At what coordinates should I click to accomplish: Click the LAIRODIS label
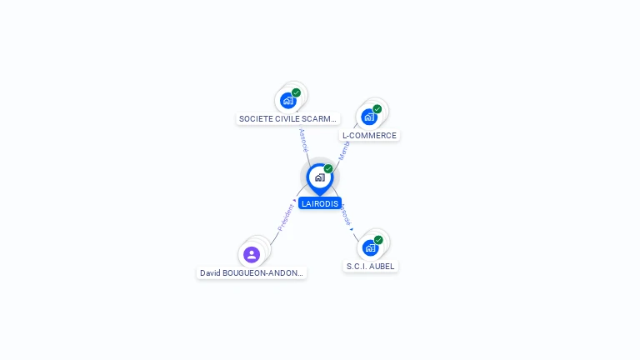pyautogui.click(x=320, y=203)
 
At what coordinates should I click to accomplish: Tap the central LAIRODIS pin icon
pyautogui.click(x=319, y=177)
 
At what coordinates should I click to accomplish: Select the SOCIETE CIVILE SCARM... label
pyautogui.click(x=287, y=119)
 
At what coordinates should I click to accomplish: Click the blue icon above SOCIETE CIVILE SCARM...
pyautogui.click(x=288, y=101)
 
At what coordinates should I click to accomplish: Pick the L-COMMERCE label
pyautogui.click(x=369, y=135)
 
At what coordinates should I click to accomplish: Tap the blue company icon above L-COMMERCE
pyautogui.click(x=369, y=117)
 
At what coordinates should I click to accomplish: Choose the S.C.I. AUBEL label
pyautogui.click(x=370, y=266)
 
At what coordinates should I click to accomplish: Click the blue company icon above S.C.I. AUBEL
pyautogui.click(x=370, y=247)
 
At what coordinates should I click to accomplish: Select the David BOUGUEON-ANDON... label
pyautogui.click(x=252, y=272)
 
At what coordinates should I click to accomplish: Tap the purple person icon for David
pyautogui.click(x=252, y=254)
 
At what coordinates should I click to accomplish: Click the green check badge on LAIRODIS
pyautogui.click(x=328, y=169)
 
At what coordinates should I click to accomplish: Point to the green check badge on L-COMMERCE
pyautogui.click(x=377, y=109)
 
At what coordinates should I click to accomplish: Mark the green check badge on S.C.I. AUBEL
pyautogui.click(x=378, y=240)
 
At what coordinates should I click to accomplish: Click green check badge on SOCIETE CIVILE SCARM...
pyautogui.click(x=297, y=92)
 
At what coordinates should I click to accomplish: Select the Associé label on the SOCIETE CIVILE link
pyautogui.click(x=304, y=139)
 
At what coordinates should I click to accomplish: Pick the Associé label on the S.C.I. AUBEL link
pyautogui.click(x=346, y=214)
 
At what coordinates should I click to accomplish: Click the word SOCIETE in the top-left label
pyautogui.click(x=253, y=119)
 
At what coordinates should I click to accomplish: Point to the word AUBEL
pyautogui.click(x=382, y=266)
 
